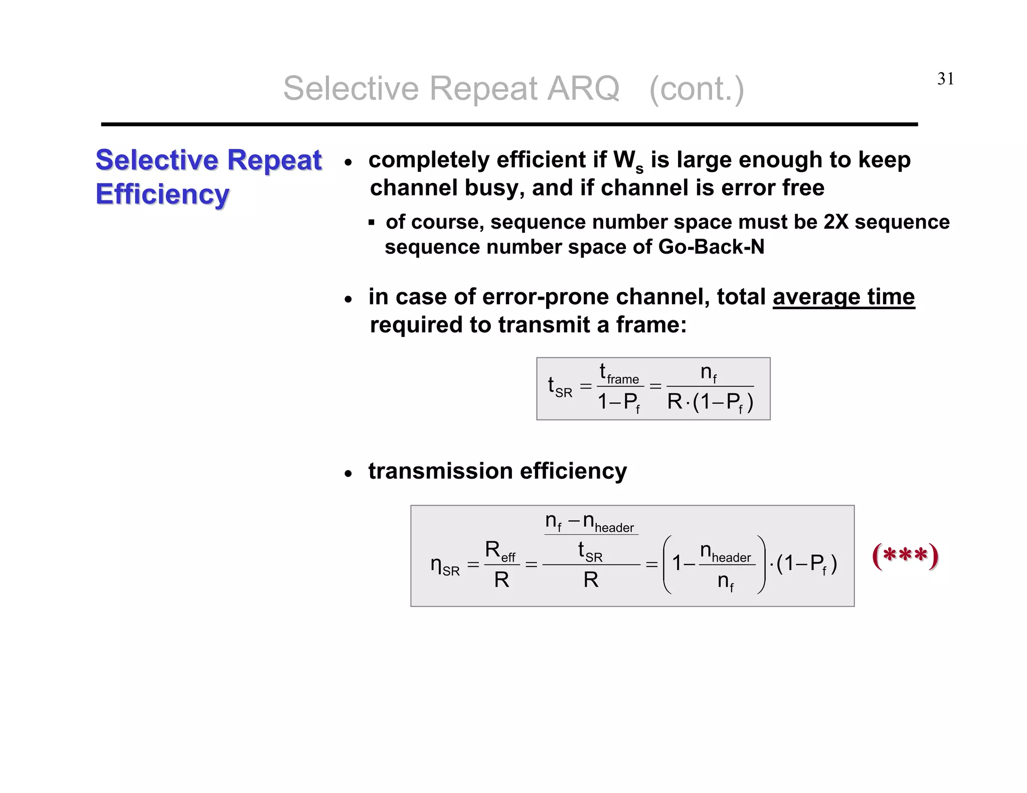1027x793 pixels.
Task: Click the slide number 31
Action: coord(945,79)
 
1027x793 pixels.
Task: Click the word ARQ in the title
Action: coord(583,89)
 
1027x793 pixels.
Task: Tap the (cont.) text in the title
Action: coord(697,89)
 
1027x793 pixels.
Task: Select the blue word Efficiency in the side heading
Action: coord(162,194)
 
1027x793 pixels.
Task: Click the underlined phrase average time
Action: coord(843,297)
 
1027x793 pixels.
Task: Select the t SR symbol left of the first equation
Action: coord(560,387)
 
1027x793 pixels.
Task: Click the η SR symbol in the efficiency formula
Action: coord(445,565)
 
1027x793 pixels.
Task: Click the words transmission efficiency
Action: coord(497,471)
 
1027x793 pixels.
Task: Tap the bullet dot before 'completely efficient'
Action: coord(349,162)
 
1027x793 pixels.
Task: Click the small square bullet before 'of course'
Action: coord(372,223)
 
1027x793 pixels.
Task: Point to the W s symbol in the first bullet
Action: coord(628,162)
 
